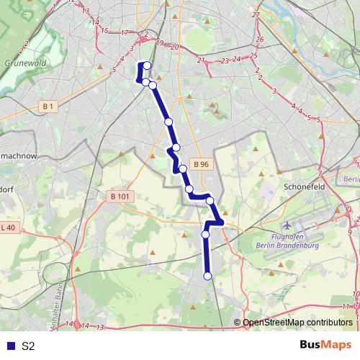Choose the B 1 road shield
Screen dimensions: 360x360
tap(48, 107)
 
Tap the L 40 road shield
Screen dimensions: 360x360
tap(9, 228)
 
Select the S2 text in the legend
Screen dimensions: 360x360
tap(28, 346)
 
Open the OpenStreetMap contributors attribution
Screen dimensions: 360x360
tap(297, 323)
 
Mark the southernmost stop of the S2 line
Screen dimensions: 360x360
tap(207, 276)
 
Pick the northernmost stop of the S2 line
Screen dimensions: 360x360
tap(147, 66)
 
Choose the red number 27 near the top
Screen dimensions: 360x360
tap(256, 14)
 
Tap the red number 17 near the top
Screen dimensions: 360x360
tap(124, 33)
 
